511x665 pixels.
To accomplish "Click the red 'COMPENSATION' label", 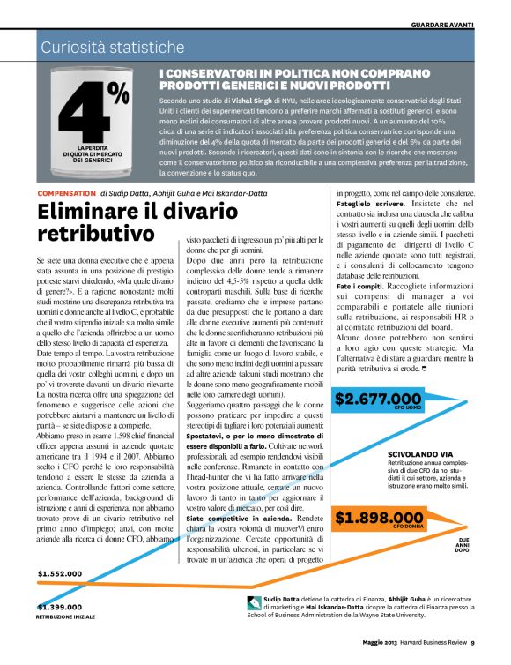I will [66, 192].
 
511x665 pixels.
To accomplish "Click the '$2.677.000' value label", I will [378, 400].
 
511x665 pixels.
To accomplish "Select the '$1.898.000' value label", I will [380, 518].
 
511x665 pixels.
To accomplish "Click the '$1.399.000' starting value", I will [60, 607].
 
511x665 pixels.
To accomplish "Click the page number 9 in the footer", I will [473, 654].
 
